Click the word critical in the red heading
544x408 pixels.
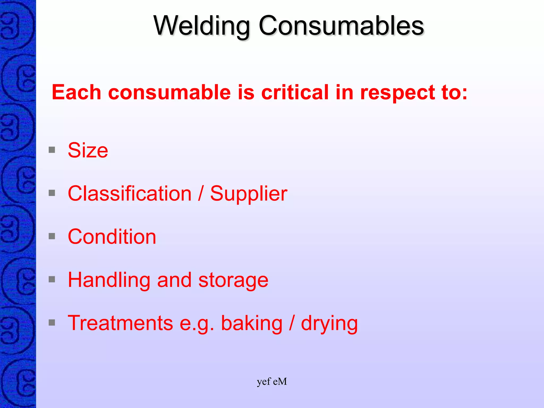(295, 92)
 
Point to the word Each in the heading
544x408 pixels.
(76, 92)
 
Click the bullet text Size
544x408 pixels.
(88, 150)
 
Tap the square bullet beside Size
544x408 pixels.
(52, 150)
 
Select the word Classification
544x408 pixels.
(130, 193)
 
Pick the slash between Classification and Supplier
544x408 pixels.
(201, 193)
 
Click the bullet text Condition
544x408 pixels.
(112, 237)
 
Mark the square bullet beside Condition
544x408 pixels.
(52, 236)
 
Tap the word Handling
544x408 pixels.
(109, 280)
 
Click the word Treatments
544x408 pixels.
(120, 323)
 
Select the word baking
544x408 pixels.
(252, 324)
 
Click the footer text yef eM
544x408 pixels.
(272, 382)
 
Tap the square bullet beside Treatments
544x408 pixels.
(52, 322)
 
